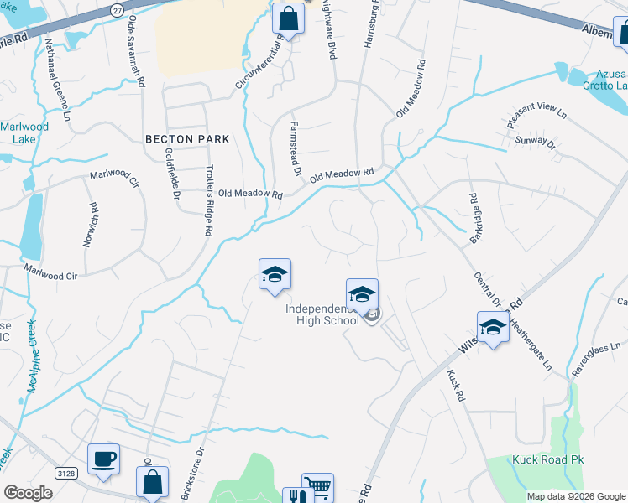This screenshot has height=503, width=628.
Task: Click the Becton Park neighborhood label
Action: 187,138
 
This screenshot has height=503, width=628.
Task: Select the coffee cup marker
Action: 103,459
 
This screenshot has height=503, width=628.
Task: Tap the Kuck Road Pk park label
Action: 547,459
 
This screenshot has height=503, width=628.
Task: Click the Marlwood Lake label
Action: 24,132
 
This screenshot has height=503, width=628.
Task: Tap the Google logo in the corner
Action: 28,493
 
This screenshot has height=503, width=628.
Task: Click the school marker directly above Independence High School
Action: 362,294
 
